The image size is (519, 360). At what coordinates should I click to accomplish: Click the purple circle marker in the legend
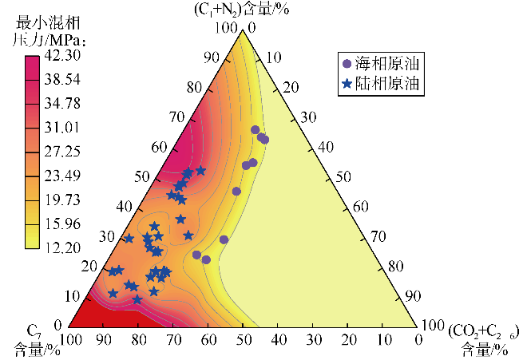(346, 63)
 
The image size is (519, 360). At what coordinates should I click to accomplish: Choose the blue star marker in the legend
(346, 82)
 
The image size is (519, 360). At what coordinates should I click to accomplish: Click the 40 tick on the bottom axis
(278, 341)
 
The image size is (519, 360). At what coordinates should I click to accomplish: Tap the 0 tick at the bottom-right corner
(419, 341)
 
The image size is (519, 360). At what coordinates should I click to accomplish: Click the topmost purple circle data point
(256, 129)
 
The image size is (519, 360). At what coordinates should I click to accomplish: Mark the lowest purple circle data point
(206, 259)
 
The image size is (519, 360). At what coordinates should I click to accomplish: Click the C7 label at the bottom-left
(34, 330)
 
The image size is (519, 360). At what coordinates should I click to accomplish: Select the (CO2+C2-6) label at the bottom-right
(479, 330)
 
